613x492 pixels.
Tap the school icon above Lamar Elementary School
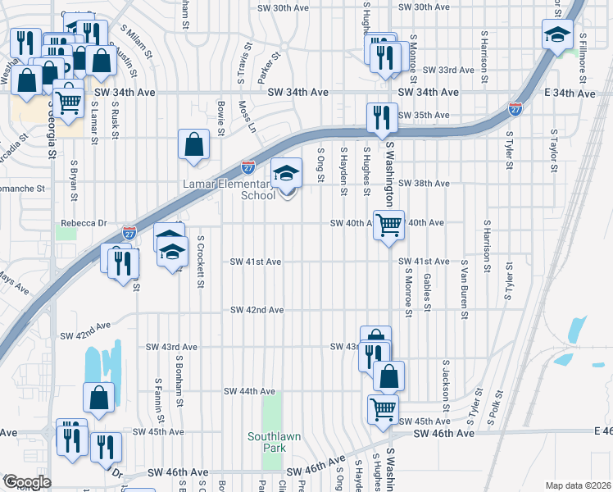(285, 174)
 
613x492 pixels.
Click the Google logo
(27, 482)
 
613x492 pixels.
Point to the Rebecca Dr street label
(84, 223)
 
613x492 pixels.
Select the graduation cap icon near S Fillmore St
(557, 36)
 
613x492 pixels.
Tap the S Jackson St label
(446, 385)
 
